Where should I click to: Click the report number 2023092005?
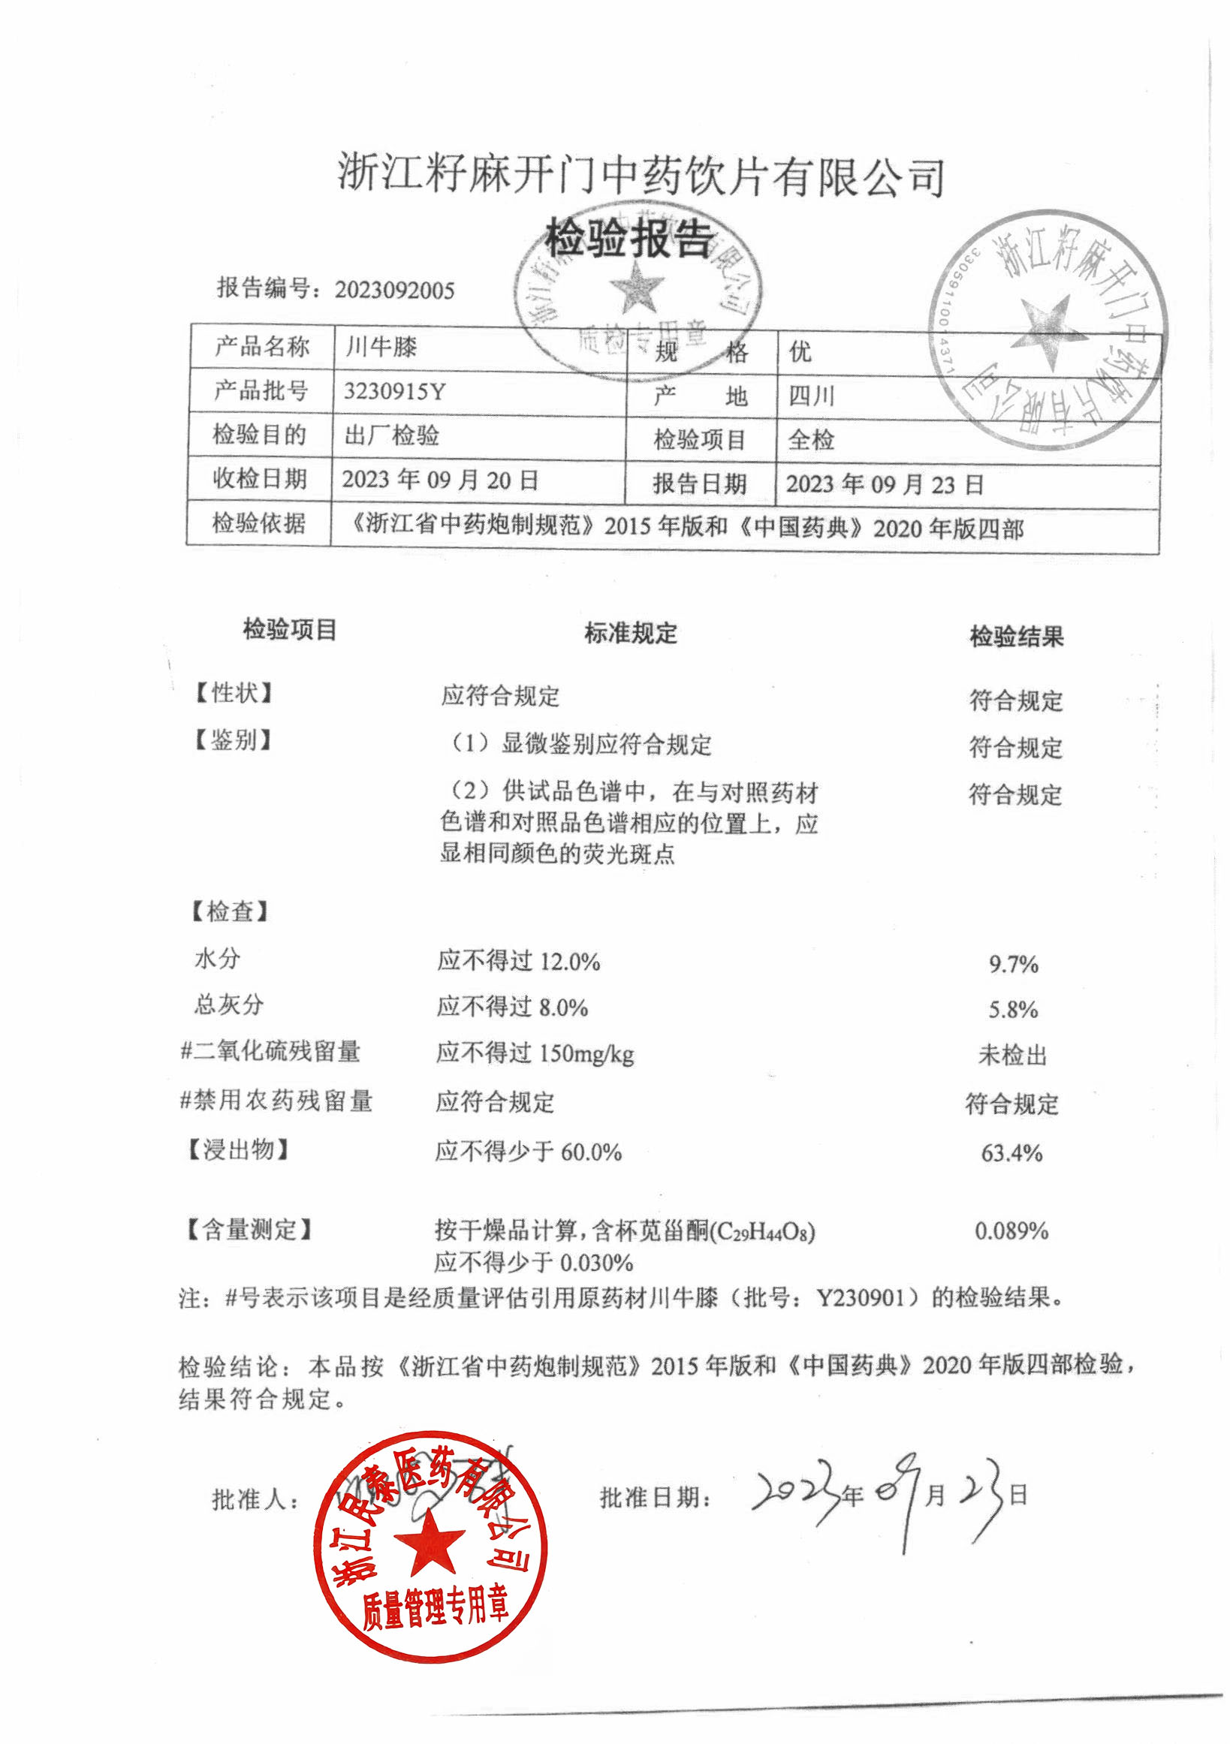tap(394, 290)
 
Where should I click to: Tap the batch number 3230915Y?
tap(394, 391)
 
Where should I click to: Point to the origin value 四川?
tap(811, 396)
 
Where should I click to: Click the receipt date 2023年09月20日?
tap(440, 479)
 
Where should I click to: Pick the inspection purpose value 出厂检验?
tap(391, 435)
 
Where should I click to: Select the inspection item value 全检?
tap(811, 439)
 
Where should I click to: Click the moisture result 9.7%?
tap(1013, 965)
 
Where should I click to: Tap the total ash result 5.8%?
tap(1013, 1010)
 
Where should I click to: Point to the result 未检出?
tap(1012, 1055)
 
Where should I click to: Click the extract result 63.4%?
tap(1011, 1153)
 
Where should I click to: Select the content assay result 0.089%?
tap(1011, 1230)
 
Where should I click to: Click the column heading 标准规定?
tap(630, 633)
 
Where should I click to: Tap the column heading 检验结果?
tap(1016, 637)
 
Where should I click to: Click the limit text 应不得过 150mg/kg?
tap(535, 1053)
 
